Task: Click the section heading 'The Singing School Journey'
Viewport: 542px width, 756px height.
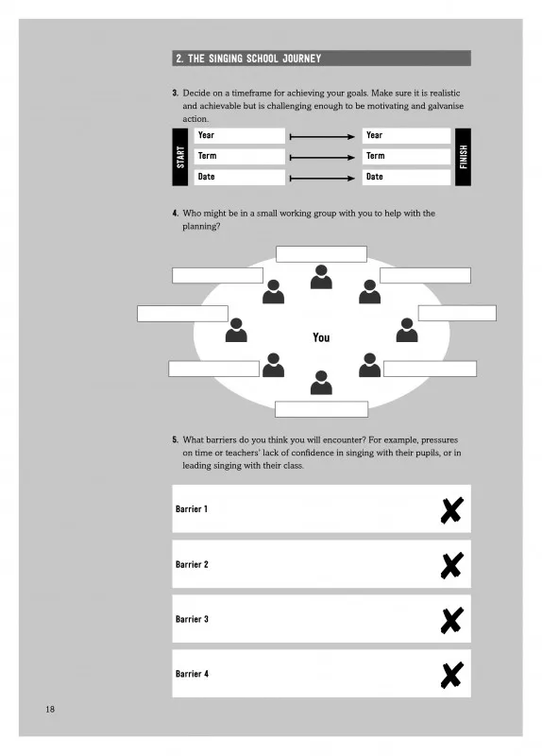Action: (x=248, y=59)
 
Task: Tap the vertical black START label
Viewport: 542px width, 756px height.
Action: (x=180, y=157)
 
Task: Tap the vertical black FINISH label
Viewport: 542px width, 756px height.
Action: (x=463, y=157)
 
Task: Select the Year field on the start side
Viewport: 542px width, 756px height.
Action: (x=240, y=135)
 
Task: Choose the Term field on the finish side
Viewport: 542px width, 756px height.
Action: (x=406, y=156)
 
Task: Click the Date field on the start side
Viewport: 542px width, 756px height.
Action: (x=240, y=177)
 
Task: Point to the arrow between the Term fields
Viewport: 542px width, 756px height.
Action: (x=322, y=158)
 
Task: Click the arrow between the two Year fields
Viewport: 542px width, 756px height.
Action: (x=322, y=137)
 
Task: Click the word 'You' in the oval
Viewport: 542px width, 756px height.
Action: (x=321, y=337)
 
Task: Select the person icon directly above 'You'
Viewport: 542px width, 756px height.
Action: (x=321, y=277)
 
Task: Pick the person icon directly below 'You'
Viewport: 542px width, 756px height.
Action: (x=321, y=383)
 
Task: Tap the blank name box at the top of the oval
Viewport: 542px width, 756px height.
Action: (x=321, y=254)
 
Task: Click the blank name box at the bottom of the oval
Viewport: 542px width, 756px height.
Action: (x=321, y=409)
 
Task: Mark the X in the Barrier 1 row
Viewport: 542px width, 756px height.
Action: (x=452, y=510)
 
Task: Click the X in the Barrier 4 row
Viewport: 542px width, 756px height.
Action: (x=452, y=675)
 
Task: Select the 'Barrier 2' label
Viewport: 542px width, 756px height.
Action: (x=192, y=564)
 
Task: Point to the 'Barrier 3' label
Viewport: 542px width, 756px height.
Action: (x=192, y=619)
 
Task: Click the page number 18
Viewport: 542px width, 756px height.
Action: (x=50, y=710)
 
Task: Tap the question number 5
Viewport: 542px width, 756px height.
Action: (x=175, y=439)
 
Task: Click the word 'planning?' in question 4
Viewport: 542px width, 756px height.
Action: (x=201, y=227)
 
